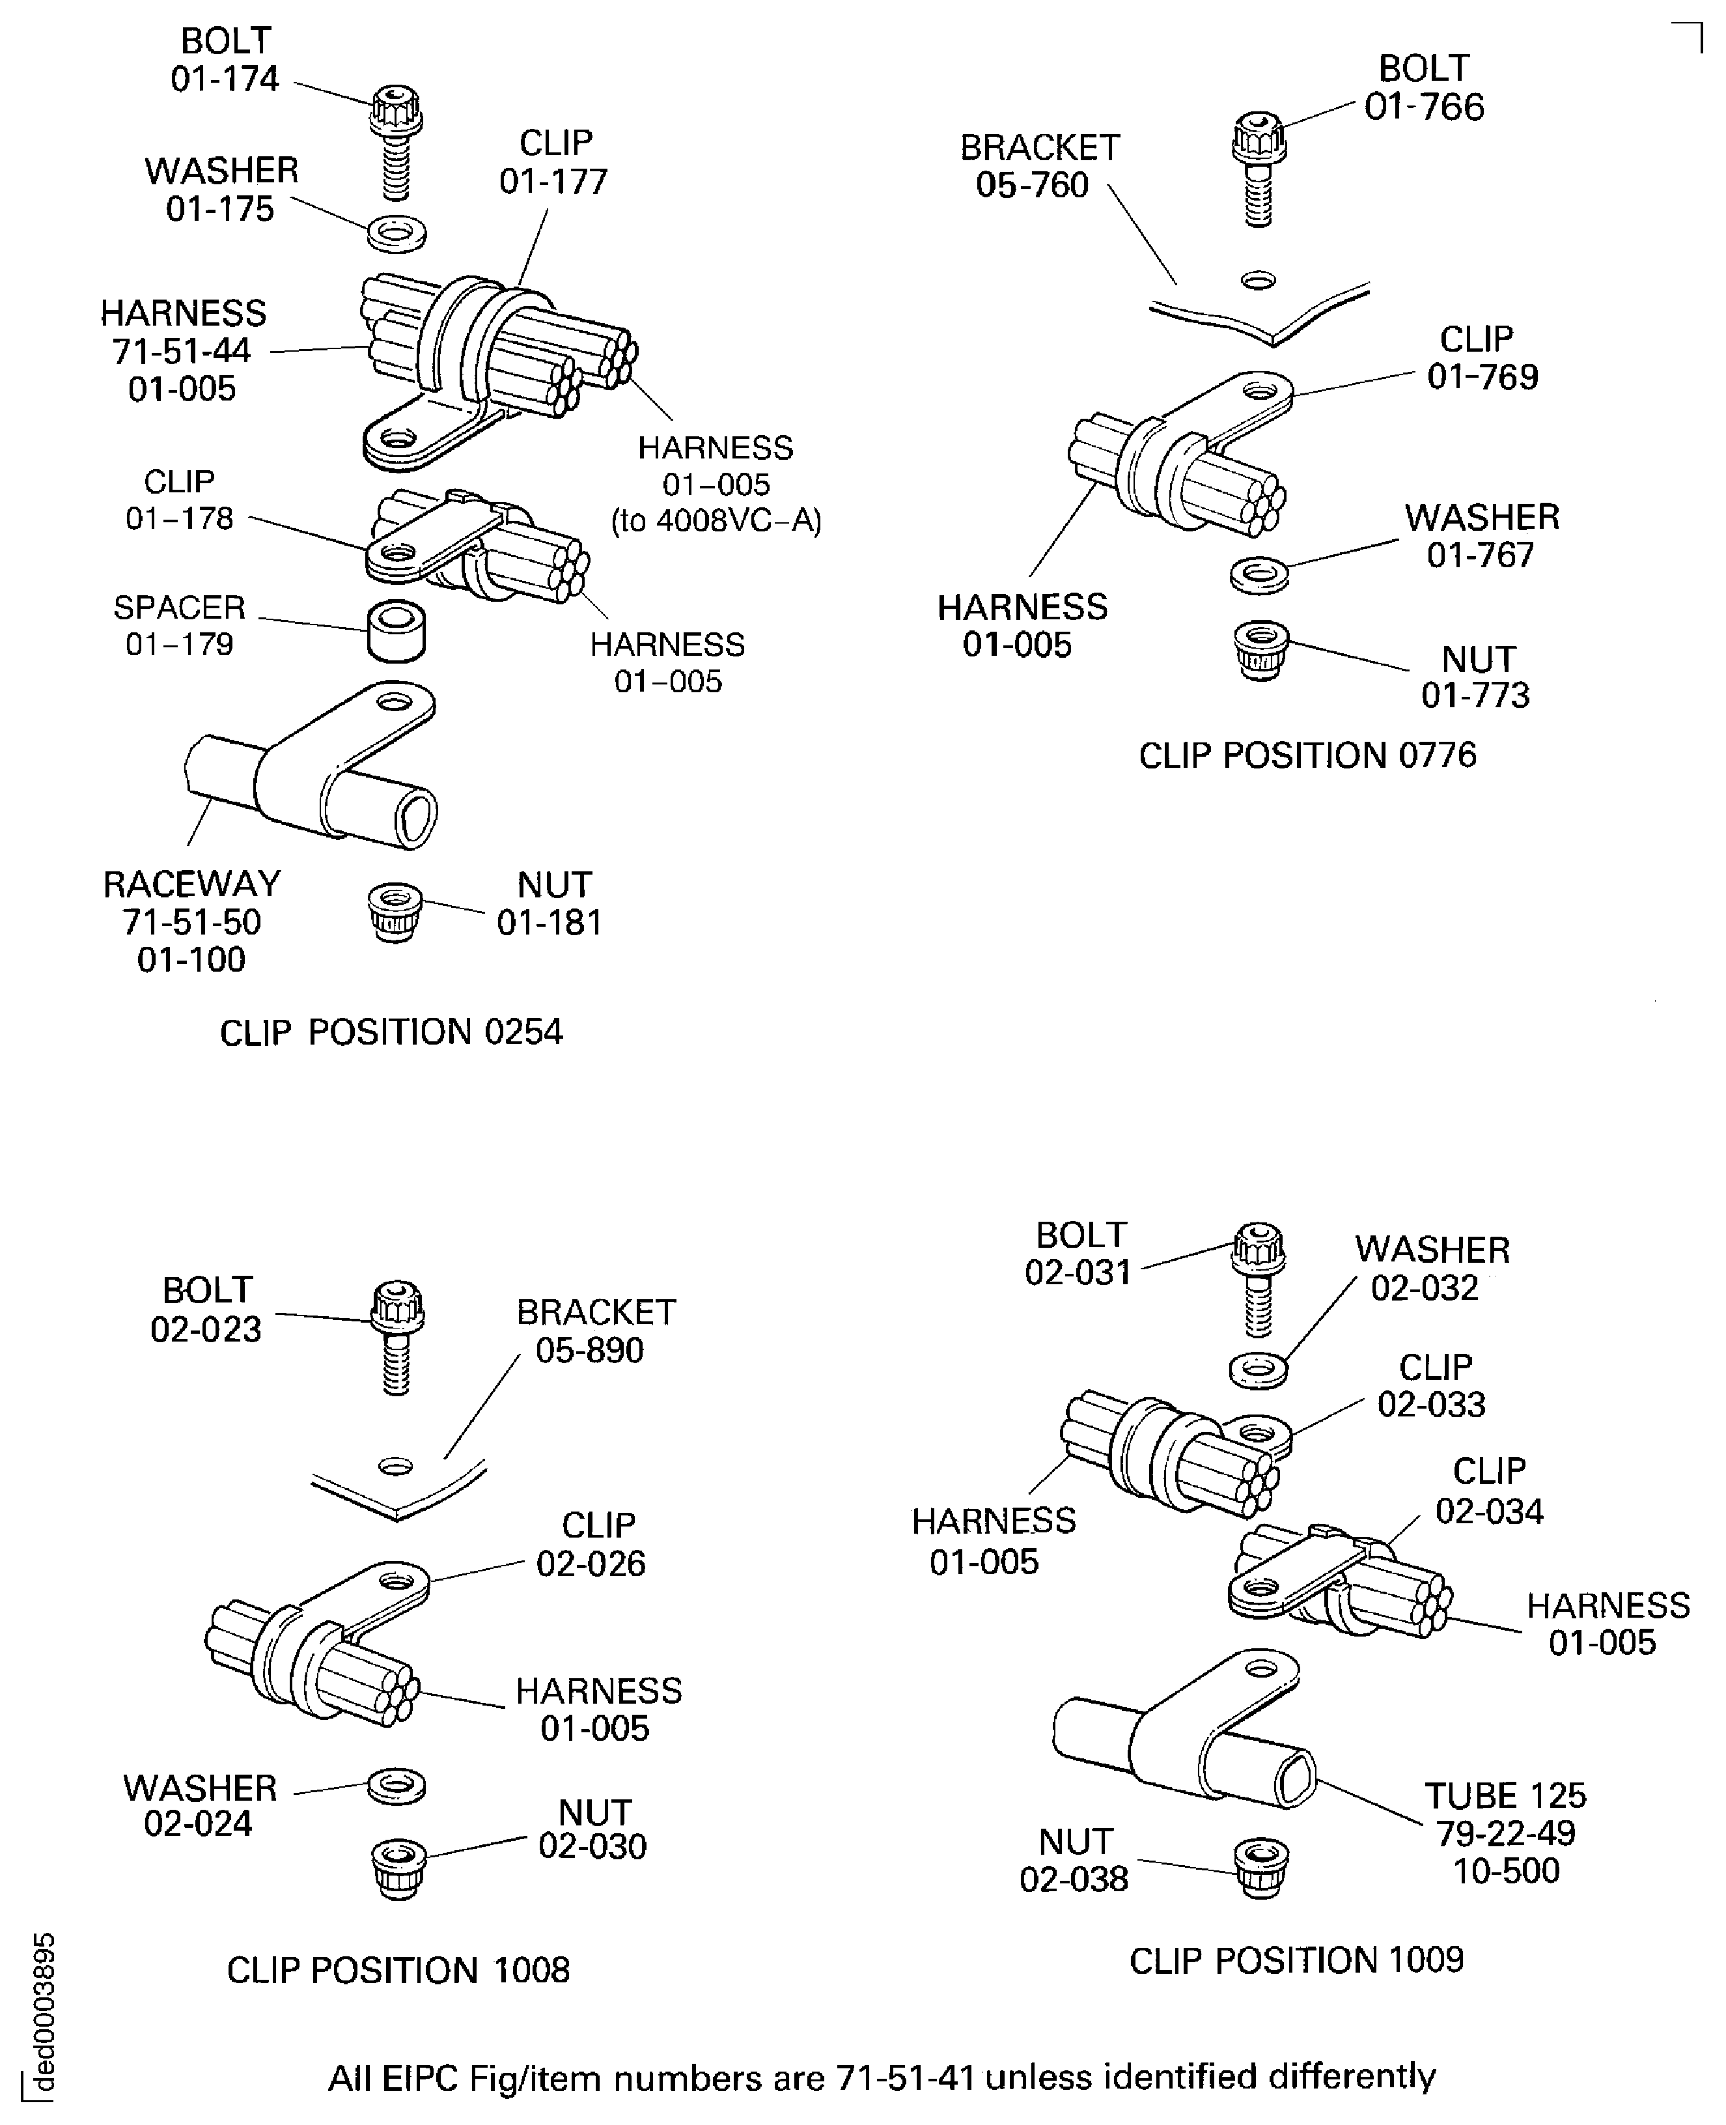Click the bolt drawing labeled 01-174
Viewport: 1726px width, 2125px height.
396,139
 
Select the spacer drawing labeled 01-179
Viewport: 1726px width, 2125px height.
396,630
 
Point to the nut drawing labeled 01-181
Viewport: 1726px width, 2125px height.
395,912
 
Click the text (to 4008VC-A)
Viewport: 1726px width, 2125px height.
716,520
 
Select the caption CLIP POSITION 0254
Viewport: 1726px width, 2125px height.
391,1032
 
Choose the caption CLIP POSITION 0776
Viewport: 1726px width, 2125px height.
1307,755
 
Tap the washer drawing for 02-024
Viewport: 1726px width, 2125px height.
397,1785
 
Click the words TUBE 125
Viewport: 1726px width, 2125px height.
1505,1795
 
